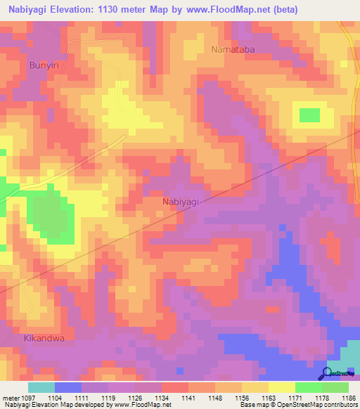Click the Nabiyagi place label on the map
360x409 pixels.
pyautogui.click(x=181, y=202)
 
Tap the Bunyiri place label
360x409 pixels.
pyautogui.click(x=43, y=65)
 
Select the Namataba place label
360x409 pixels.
pyautogui.click(x=234, y=49)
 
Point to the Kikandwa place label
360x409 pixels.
pyautogui.click(x=44, y=337)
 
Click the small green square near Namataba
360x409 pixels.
pyautogui.click(x=309, y=115)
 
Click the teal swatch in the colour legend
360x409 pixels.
pyautogui.click(x=41, y=387)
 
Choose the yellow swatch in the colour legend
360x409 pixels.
pyautogui.click(x=281, y=387)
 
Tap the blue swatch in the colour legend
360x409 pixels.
pyautogui.click(x=68, y=387)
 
